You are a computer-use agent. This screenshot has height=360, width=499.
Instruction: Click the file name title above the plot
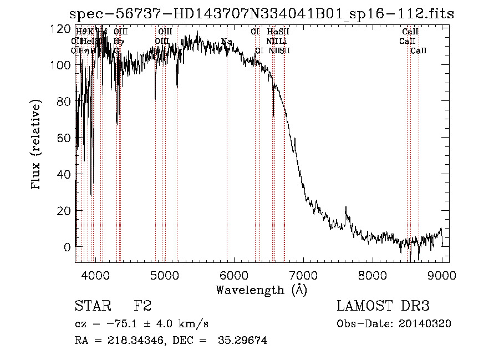coord(260,13)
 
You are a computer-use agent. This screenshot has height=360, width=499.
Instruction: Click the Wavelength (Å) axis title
coord(261,289)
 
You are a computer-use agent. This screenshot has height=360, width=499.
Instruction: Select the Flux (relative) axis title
coord(37,145)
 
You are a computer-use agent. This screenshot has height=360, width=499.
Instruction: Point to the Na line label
coord(226,42)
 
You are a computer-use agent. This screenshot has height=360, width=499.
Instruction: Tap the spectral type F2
coord(142,306)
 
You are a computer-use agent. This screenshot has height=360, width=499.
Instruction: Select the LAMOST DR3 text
coord(383,306)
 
